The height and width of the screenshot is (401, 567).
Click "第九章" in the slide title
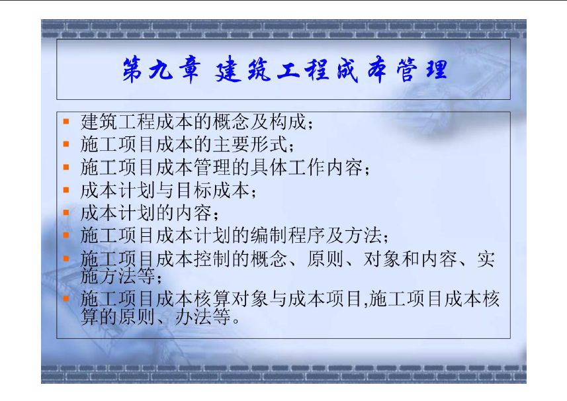(x=161, y=69)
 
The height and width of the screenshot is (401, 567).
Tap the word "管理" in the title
(x=422, y=69)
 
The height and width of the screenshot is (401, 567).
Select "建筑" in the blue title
(x=243, y=69)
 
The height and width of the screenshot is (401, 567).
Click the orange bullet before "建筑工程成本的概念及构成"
(x=65, y=121)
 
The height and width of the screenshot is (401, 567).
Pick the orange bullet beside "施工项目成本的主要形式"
(x=65, y=144)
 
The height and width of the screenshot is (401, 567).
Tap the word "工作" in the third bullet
(x=306, y=167)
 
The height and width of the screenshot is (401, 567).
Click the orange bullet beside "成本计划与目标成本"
(x=65, y=189)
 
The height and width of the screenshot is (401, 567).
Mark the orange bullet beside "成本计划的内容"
(x=65, y=212)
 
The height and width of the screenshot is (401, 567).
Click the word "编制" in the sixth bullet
(x=269, y=236)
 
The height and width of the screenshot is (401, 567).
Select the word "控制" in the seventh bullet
(x=212, y=259)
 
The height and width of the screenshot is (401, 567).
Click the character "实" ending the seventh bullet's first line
(x=486, y=259)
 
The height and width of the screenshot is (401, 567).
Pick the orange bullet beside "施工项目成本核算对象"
(x=65, y=298)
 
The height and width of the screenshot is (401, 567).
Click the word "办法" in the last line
(x=193, y=317)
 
